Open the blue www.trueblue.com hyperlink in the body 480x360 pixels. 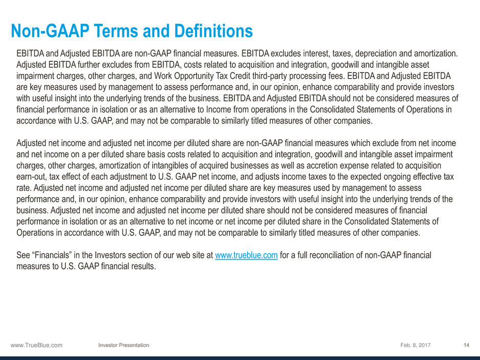point(247,255)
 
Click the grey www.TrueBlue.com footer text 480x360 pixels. point(36,345)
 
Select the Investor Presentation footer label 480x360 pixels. point(124,345)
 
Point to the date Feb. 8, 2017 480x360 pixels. point(416,345)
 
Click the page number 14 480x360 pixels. point(467,345)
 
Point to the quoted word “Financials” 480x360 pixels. point(52,255)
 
